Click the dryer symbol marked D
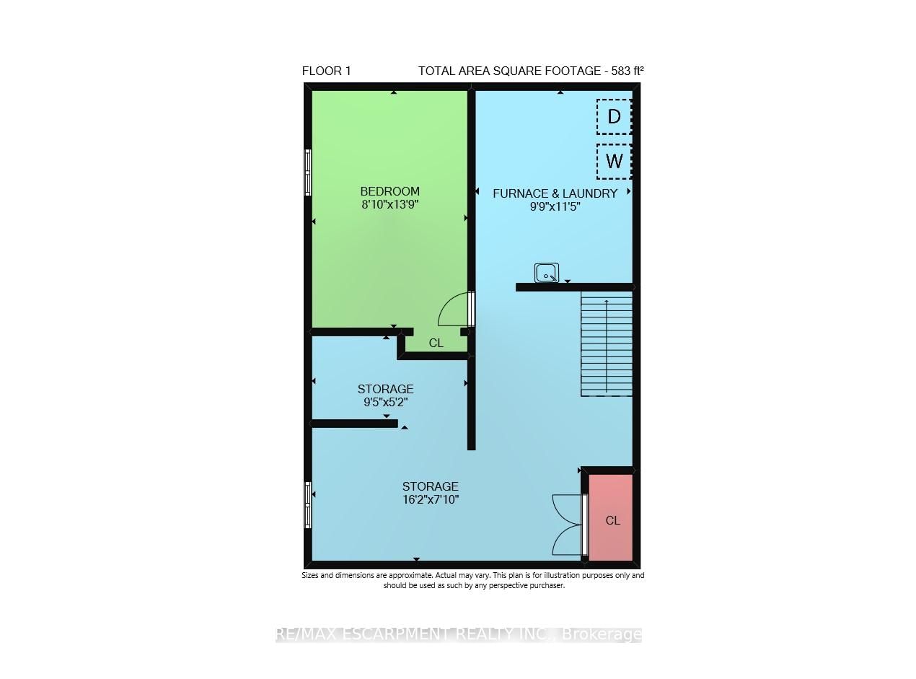[614, 117]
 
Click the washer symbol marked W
[614, 161]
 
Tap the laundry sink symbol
[546, 273]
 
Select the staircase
[607, 344]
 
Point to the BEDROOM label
[389, 191]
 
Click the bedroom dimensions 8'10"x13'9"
[389, 204]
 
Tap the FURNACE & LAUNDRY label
[555, 193]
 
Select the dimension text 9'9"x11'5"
[555, 206]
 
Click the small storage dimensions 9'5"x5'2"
[386, 403]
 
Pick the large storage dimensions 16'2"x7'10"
[430, 499]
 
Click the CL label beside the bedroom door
[436, 343]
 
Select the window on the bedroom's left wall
[308, 172]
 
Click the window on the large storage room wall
[308, 505]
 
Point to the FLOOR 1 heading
[326, 71]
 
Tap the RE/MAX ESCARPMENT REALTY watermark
[458, 634]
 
